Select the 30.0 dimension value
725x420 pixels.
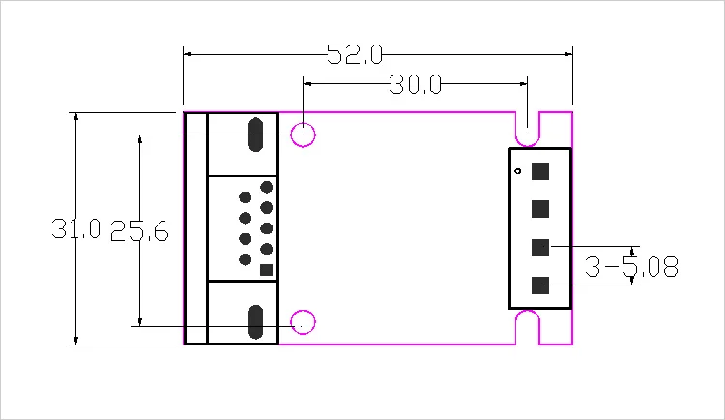tap(416, 85)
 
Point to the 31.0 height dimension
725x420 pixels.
tap(76, 230)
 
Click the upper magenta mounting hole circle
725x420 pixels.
tap(304, 135)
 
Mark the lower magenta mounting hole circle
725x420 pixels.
tap(304, 322)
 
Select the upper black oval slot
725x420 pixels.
tap(256, 135)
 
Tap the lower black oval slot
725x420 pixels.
tap(256, 322)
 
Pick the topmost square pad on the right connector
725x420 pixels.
tap(540, 171)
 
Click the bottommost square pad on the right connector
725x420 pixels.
tap(540, 285)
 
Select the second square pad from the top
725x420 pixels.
tap(540, 209)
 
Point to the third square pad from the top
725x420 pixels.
tap(540, 248)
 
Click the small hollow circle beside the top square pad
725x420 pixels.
tap(519, 172)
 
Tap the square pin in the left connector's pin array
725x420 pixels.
tap(267, 270)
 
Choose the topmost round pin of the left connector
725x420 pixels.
tap(267, 187)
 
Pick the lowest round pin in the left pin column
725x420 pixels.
tap(245, 259)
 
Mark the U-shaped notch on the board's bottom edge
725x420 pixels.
tap(527, 327)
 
